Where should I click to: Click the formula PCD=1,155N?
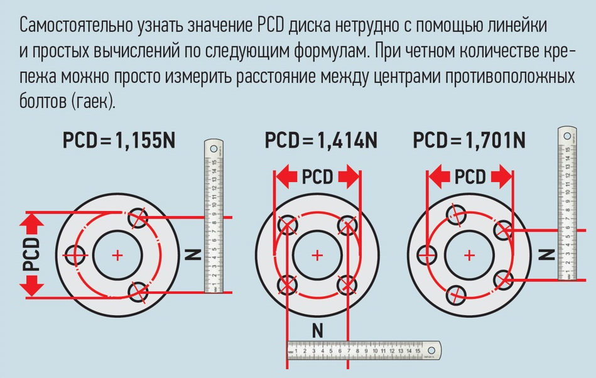[x=119, y=141]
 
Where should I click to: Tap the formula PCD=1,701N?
[x=469, y=140]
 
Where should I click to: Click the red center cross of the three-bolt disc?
[x=117, y=255]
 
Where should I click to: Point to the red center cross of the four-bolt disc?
[x=317, y=255]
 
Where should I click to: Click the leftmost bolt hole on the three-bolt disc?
[x=77, y=255]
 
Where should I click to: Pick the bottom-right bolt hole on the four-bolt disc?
[x=347, y=284]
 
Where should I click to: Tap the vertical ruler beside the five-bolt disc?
[x=566, y=204]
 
